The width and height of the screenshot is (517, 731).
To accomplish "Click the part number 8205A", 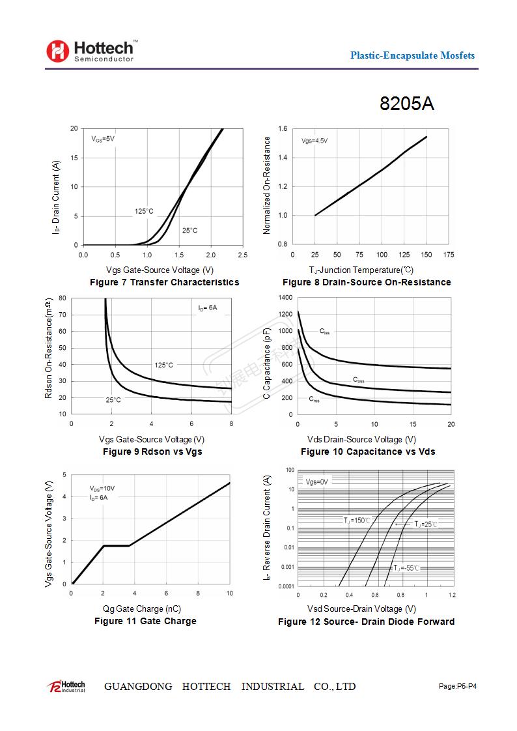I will click(407, 104).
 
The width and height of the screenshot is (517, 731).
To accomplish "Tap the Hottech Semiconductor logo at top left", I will click(91, 51).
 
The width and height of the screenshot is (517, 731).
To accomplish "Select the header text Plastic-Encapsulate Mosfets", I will click(412, 55).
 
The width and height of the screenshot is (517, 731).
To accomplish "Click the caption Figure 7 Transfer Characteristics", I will click(164, 282).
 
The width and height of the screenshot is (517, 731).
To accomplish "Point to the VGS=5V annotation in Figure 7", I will click(103, 139).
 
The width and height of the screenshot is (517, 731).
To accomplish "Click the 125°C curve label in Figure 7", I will click(144, 211).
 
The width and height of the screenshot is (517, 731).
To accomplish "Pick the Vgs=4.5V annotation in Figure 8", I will click(314, 141).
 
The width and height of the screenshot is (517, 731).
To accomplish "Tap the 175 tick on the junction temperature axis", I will click(449, 255).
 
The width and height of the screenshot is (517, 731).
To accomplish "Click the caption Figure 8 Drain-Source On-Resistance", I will click(367, 282).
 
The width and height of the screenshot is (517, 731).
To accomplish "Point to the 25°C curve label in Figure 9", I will click(113, 400).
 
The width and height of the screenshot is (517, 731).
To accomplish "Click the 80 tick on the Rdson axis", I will click(63, 298).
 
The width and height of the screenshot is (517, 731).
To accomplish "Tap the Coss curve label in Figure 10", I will click(359, 380).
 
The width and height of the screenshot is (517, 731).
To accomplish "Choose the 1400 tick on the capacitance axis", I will click(285, 298).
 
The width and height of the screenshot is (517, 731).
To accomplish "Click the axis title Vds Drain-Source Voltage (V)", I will click(361, 439).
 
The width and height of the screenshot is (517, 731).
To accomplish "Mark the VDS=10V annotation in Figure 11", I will click(102, 488).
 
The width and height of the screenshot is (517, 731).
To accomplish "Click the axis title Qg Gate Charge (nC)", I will click(142, 609).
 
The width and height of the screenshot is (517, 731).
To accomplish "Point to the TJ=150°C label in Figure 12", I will click(357, 520).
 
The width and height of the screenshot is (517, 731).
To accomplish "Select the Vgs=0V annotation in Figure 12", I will click(317, 482).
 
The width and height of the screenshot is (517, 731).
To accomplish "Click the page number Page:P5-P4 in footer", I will click(458, 686).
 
